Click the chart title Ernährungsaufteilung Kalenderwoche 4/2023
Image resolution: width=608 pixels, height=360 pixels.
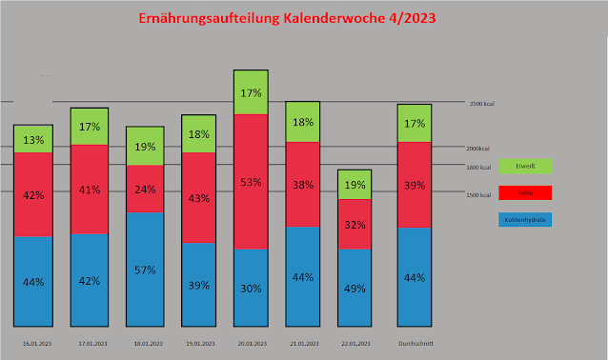click(303, 19)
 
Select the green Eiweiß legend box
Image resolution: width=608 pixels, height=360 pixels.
click(524, 166)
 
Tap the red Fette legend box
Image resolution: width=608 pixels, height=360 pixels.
click(524, 192)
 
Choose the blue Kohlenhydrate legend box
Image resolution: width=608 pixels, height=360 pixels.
click(524, 219)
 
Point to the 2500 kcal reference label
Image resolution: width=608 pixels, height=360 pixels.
click(481, 104)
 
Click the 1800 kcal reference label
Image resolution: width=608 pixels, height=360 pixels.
click(479, 167)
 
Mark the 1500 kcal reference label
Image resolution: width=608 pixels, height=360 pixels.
click(479, 194)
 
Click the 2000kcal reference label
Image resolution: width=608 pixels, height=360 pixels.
click(478, 149)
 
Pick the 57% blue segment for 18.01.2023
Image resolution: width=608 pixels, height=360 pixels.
click(146, 269)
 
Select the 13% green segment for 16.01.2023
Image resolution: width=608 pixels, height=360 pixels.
click(33, 139)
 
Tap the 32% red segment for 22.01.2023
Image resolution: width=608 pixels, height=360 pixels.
click(354, 225)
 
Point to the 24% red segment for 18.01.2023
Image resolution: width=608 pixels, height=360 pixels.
click(146, 189)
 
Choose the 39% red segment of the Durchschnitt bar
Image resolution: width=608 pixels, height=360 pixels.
click(415, 185)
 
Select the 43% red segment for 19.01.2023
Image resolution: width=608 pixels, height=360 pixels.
click(198, 198)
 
